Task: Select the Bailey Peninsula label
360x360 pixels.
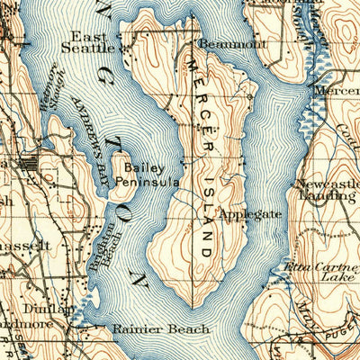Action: tap(149, 174)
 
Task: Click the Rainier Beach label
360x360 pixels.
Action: tap(148, 329)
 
